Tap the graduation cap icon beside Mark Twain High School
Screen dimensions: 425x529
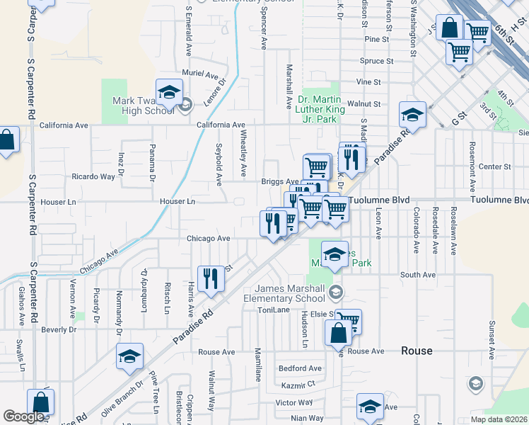pyautogui.click(x=170, y=92)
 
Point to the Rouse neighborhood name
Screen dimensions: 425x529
pyautogui.click(x=417, y=351)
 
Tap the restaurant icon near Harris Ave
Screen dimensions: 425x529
pyautogui.click(x=211, y=278)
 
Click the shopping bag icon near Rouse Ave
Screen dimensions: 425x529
pyautogui.click(x=338, y=332)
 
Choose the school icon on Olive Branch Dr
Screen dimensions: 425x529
pyautogui.click(x=130, y=357)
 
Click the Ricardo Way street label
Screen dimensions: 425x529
pyautogui.click(x=93, y=176)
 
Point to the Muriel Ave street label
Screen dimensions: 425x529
pyautogui.click(x=200, y=74)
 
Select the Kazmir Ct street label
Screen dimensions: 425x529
pyautogui.click(x=296, y=385)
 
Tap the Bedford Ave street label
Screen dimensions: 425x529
pyautogui.click(x=300, y=368)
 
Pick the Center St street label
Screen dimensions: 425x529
pyautogui.click(x=494, y=167)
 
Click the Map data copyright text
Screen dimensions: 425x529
pyautogui.click(x=499, y=419)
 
